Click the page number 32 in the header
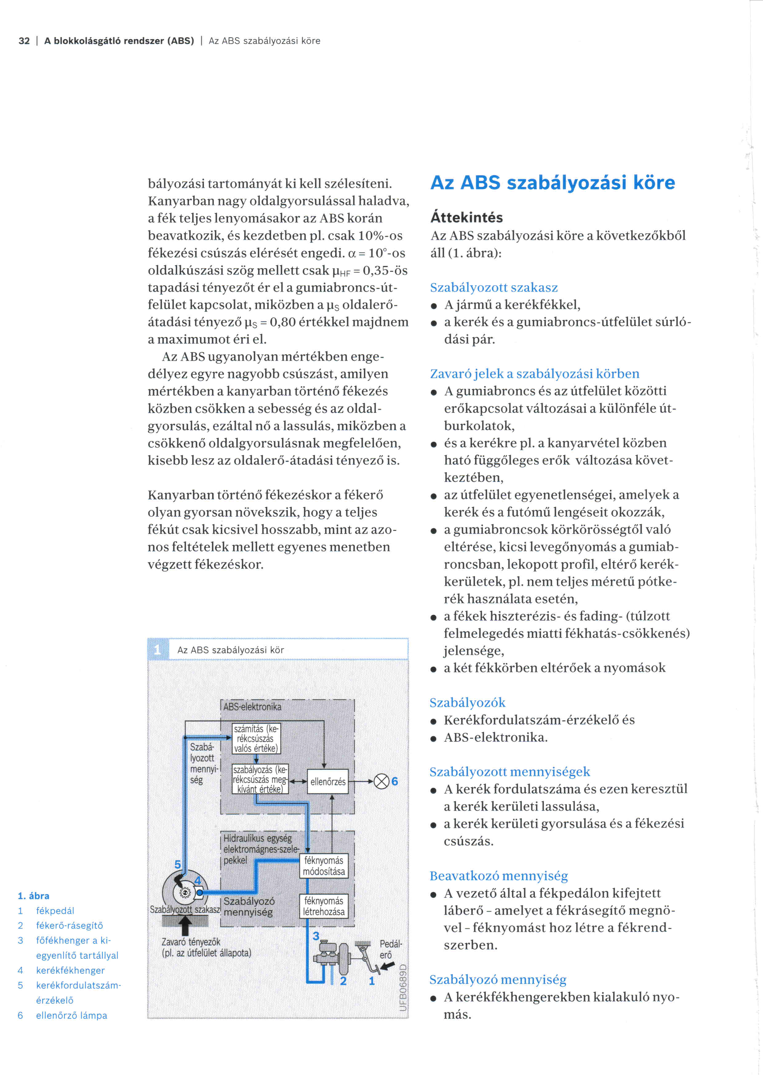[24, 41]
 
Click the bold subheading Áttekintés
[466, 217]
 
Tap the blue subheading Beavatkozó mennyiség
[498, 876]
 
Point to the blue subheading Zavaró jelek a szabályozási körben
[534, 374]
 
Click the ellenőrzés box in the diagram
[327, 782]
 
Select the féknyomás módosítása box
[324, 866]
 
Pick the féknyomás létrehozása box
[324, 906]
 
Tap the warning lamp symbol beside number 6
[381, 782]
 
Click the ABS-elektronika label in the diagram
[252, 707]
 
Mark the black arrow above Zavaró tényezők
[185, 926]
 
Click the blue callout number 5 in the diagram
[178, 864]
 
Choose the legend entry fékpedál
[55, 910]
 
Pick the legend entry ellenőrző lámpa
[71, 1015]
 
